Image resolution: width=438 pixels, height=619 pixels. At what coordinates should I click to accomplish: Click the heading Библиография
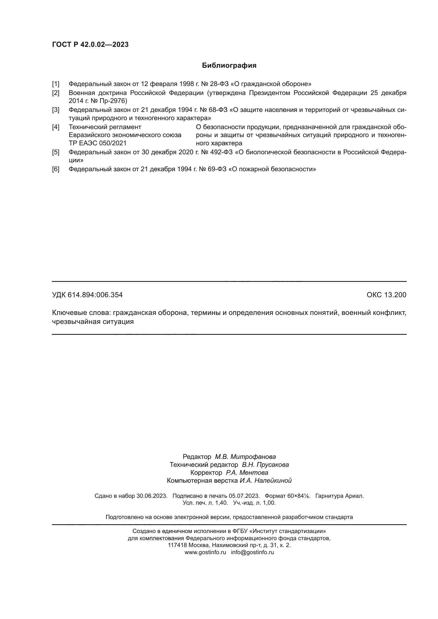(229, 66)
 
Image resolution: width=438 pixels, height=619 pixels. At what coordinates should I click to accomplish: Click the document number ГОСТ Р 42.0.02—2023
(90, 44)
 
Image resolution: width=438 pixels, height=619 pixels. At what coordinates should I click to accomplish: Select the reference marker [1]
(56, 84)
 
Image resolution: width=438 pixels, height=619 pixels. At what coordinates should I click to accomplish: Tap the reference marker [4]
(56, 127)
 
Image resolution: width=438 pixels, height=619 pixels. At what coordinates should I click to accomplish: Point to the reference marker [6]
(56, 169)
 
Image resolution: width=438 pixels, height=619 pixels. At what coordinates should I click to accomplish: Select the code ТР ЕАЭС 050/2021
(97, 143)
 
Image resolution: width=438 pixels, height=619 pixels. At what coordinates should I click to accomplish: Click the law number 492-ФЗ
(221, 152)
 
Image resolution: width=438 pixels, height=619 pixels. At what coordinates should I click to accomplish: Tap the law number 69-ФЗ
(217, 169)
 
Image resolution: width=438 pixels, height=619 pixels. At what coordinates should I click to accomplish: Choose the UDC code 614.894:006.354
(95, 295)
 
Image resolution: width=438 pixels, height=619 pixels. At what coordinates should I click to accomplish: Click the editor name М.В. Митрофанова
(245, 457)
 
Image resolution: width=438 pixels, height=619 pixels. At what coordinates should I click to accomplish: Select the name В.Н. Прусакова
(265, 465)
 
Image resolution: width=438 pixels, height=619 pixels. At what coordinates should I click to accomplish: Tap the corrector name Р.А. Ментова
(247, 473)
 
